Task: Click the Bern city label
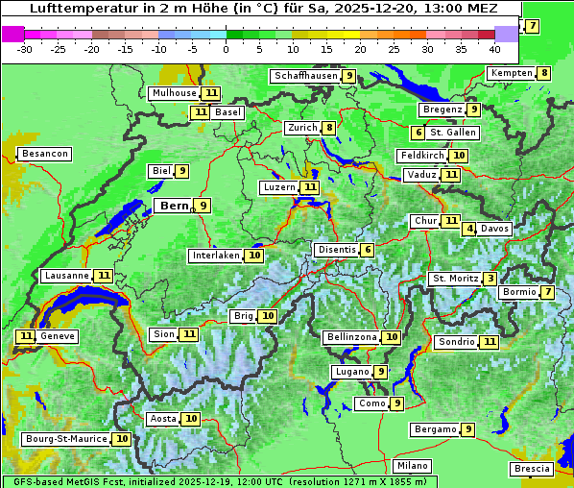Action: (x=174, y=206)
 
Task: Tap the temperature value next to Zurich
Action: (x=329, y=128)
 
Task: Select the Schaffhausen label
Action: (x=305, y=76)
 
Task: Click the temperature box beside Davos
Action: (x=469, y=229)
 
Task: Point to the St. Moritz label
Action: (x=455, y=279)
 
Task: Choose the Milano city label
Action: (x=413, y=466)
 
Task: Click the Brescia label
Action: (x=533, y=469)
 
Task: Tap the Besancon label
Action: (x=45, y=154)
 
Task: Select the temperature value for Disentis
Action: (x=368, y=250)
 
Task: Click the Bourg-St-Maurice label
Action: (x=65, y=439)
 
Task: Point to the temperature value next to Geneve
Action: (x=25, y=336)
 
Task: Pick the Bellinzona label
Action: (x=351, y=337)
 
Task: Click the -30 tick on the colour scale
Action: (x=25, y=48)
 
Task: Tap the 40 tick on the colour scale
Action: (x=494, y=48)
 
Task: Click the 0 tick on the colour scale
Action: (x=227, y=48)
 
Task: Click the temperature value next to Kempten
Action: (x=544, y=73)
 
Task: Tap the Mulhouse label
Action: (x=174, y=93)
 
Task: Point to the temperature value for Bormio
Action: (x=547, y=292)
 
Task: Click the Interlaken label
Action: (x=216, y=256)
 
